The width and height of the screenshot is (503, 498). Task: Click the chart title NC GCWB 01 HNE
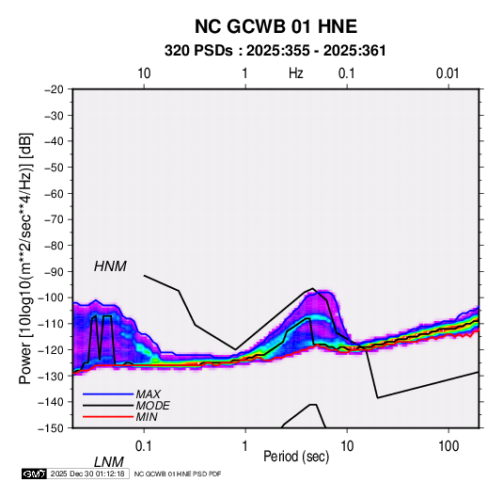(x=275, y=26)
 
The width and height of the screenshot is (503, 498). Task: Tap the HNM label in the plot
(x=110, y=266)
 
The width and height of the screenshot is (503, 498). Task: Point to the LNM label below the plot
(x=109, y=462)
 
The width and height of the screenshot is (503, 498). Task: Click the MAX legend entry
(x=148, y=394)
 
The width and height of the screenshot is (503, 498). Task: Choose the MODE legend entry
(x=152, y=406)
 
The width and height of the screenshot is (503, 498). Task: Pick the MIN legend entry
(x=147, y=417)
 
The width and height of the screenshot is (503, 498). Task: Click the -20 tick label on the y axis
(x=55, y=89)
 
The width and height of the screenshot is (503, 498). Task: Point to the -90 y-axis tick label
(x=55, y=271)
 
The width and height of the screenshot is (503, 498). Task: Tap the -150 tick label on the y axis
(x=52, y=428)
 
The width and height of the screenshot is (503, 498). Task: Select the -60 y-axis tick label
(x=55, y=193)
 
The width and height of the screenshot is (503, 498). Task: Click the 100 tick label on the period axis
(x=448, y=446)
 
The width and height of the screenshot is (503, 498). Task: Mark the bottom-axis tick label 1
(x=244, y=446)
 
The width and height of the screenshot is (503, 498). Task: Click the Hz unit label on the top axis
(x=296, y=73)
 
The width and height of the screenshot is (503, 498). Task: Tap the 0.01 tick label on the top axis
(x=448, y=73)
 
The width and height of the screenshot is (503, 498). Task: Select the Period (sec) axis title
(x=296, y=457)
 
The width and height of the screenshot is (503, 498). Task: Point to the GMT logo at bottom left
(x=34, y=474)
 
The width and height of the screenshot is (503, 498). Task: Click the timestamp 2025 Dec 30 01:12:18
(x=87, y=474)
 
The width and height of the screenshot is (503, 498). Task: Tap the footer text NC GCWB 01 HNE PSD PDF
(x=178, y=474)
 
